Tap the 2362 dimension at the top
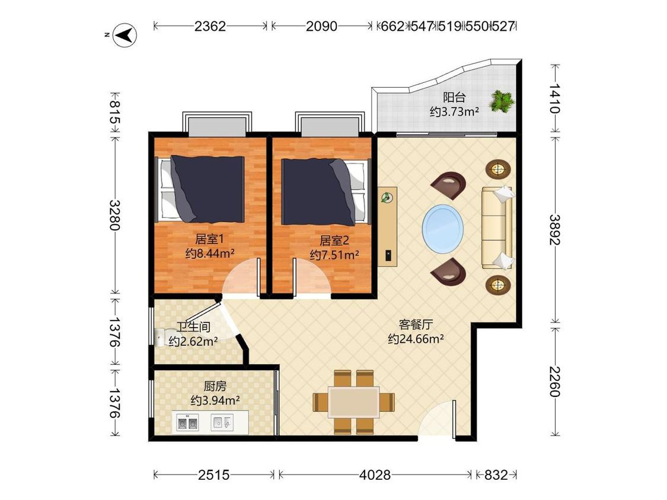(210, 26)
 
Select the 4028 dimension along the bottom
(375, 475)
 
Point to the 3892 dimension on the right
(554, 229)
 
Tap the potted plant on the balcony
(502, 101)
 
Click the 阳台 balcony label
(454, 97)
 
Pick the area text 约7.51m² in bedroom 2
(334, 255)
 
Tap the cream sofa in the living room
(497, 227)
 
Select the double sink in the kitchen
(187, 424)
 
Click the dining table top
(354, 402)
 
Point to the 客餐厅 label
(416, 325)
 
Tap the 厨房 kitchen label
(215, 386)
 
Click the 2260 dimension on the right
(554, 382)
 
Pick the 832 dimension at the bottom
(496, 475)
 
